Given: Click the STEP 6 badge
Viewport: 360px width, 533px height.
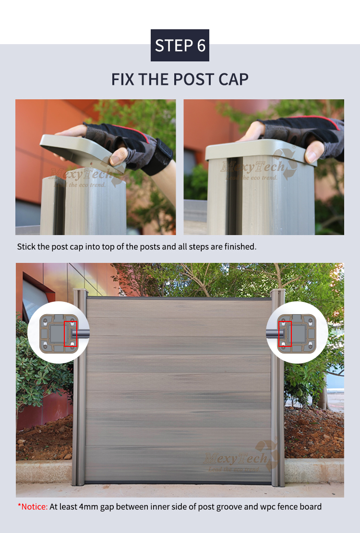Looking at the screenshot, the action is click(x=180, y=45).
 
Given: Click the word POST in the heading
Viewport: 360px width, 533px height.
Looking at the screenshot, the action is click(x=193, y=80).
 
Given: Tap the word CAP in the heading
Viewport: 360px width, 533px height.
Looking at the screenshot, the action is click(x=233, y=80).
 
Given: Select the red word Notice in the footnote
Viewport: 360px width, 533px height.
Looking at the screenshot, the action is click(x=35, y=507).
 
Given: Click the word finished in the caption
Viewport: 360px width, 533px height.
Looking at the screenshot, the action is click(x=240, y=247).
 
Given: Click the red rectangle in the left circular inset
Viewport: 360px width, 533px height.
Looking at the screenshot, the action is click(x=71, y=334).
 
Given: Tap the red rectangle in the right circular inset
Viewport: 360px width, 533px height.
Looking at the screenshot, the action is click(x=285, y=334).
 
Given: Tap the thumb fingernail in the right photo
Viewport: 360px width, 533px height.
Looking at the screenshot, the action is click(x=311, y=156).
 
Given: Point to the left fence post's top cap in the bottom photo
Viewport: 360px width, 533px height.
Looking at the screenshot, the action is click(x=80, y=291).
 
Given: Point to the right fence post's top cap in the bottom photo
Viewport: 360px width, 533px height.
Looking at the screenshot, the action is click(x=277, y=291).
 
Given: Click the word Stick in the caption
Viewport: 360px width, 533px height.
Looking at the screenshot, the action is click(x=26, y=247).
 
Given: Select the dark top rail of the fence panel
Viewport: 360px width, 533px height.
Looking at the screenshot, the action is click(x=179, y=298).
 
